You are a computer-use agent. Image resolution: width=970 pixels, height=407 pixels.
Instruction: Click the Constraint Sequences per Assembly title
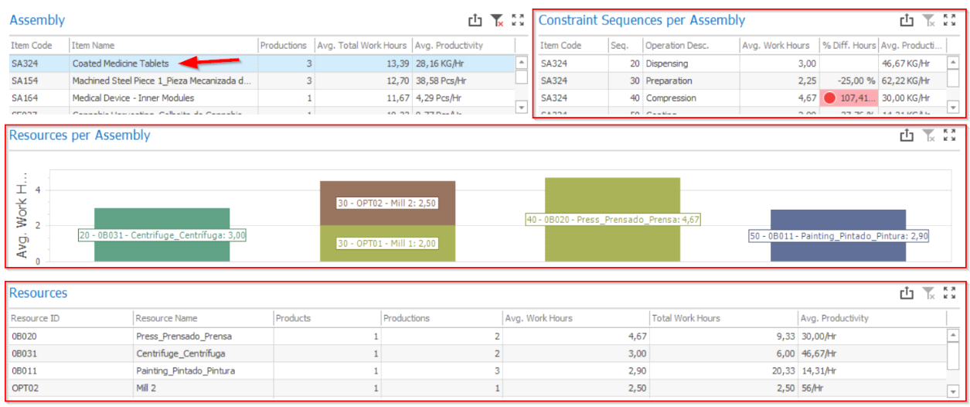click(642, 20)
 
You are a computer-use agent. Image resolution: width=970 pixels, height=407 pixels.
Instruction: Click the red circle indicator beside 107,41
click(830, 98)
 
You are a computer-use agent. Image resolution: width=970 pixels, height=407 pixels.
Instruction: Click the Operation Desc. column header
click(677, 46)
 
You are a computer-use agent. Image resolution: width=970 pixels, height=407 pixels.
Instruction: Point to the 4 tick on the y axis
click(37, 190)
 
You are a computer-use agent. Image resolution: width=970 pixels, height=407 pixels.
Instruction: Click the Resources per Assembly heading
click(80, 135)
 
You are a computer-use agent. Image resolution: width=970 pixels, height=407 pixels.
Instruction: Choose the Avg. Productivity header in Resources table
click(835, 318)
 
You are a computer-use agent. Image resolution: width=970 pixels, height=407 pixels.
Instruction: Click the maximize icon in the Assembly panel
click(518, 21)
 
